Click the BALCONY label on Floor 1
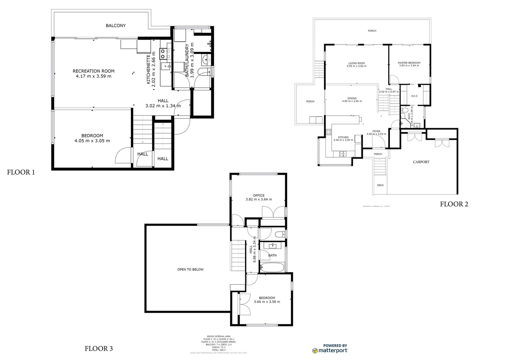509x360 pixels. [116, 26]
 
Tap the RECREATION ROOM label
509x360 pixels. [94, 71]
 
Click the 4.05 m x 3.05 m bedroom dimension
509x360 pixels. [92, 141]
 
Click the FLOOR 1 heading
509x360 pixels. [21, 172]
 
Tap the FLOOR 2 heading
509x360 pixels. [454, 204]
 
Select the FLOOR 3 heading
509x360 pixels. [99, 349]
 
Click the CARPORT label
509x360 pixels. [421, 162]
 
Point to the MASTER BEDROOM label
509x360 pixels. [409, 63]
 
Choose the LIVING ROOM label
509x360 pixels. [356, 63]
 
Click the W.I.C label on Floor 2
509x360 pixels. [414, 96]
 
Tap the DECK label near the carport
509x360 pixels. [380, 185]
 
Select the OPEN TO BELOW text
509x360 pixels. [190, 269]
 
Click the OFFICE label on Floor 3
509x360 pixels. [259, 196]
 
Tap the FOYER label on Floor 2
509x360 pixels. [376, 131]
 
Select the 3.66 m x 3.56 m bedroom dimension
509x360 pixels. [267, 302]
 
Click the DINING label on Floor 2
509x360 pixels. [352, 98]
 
